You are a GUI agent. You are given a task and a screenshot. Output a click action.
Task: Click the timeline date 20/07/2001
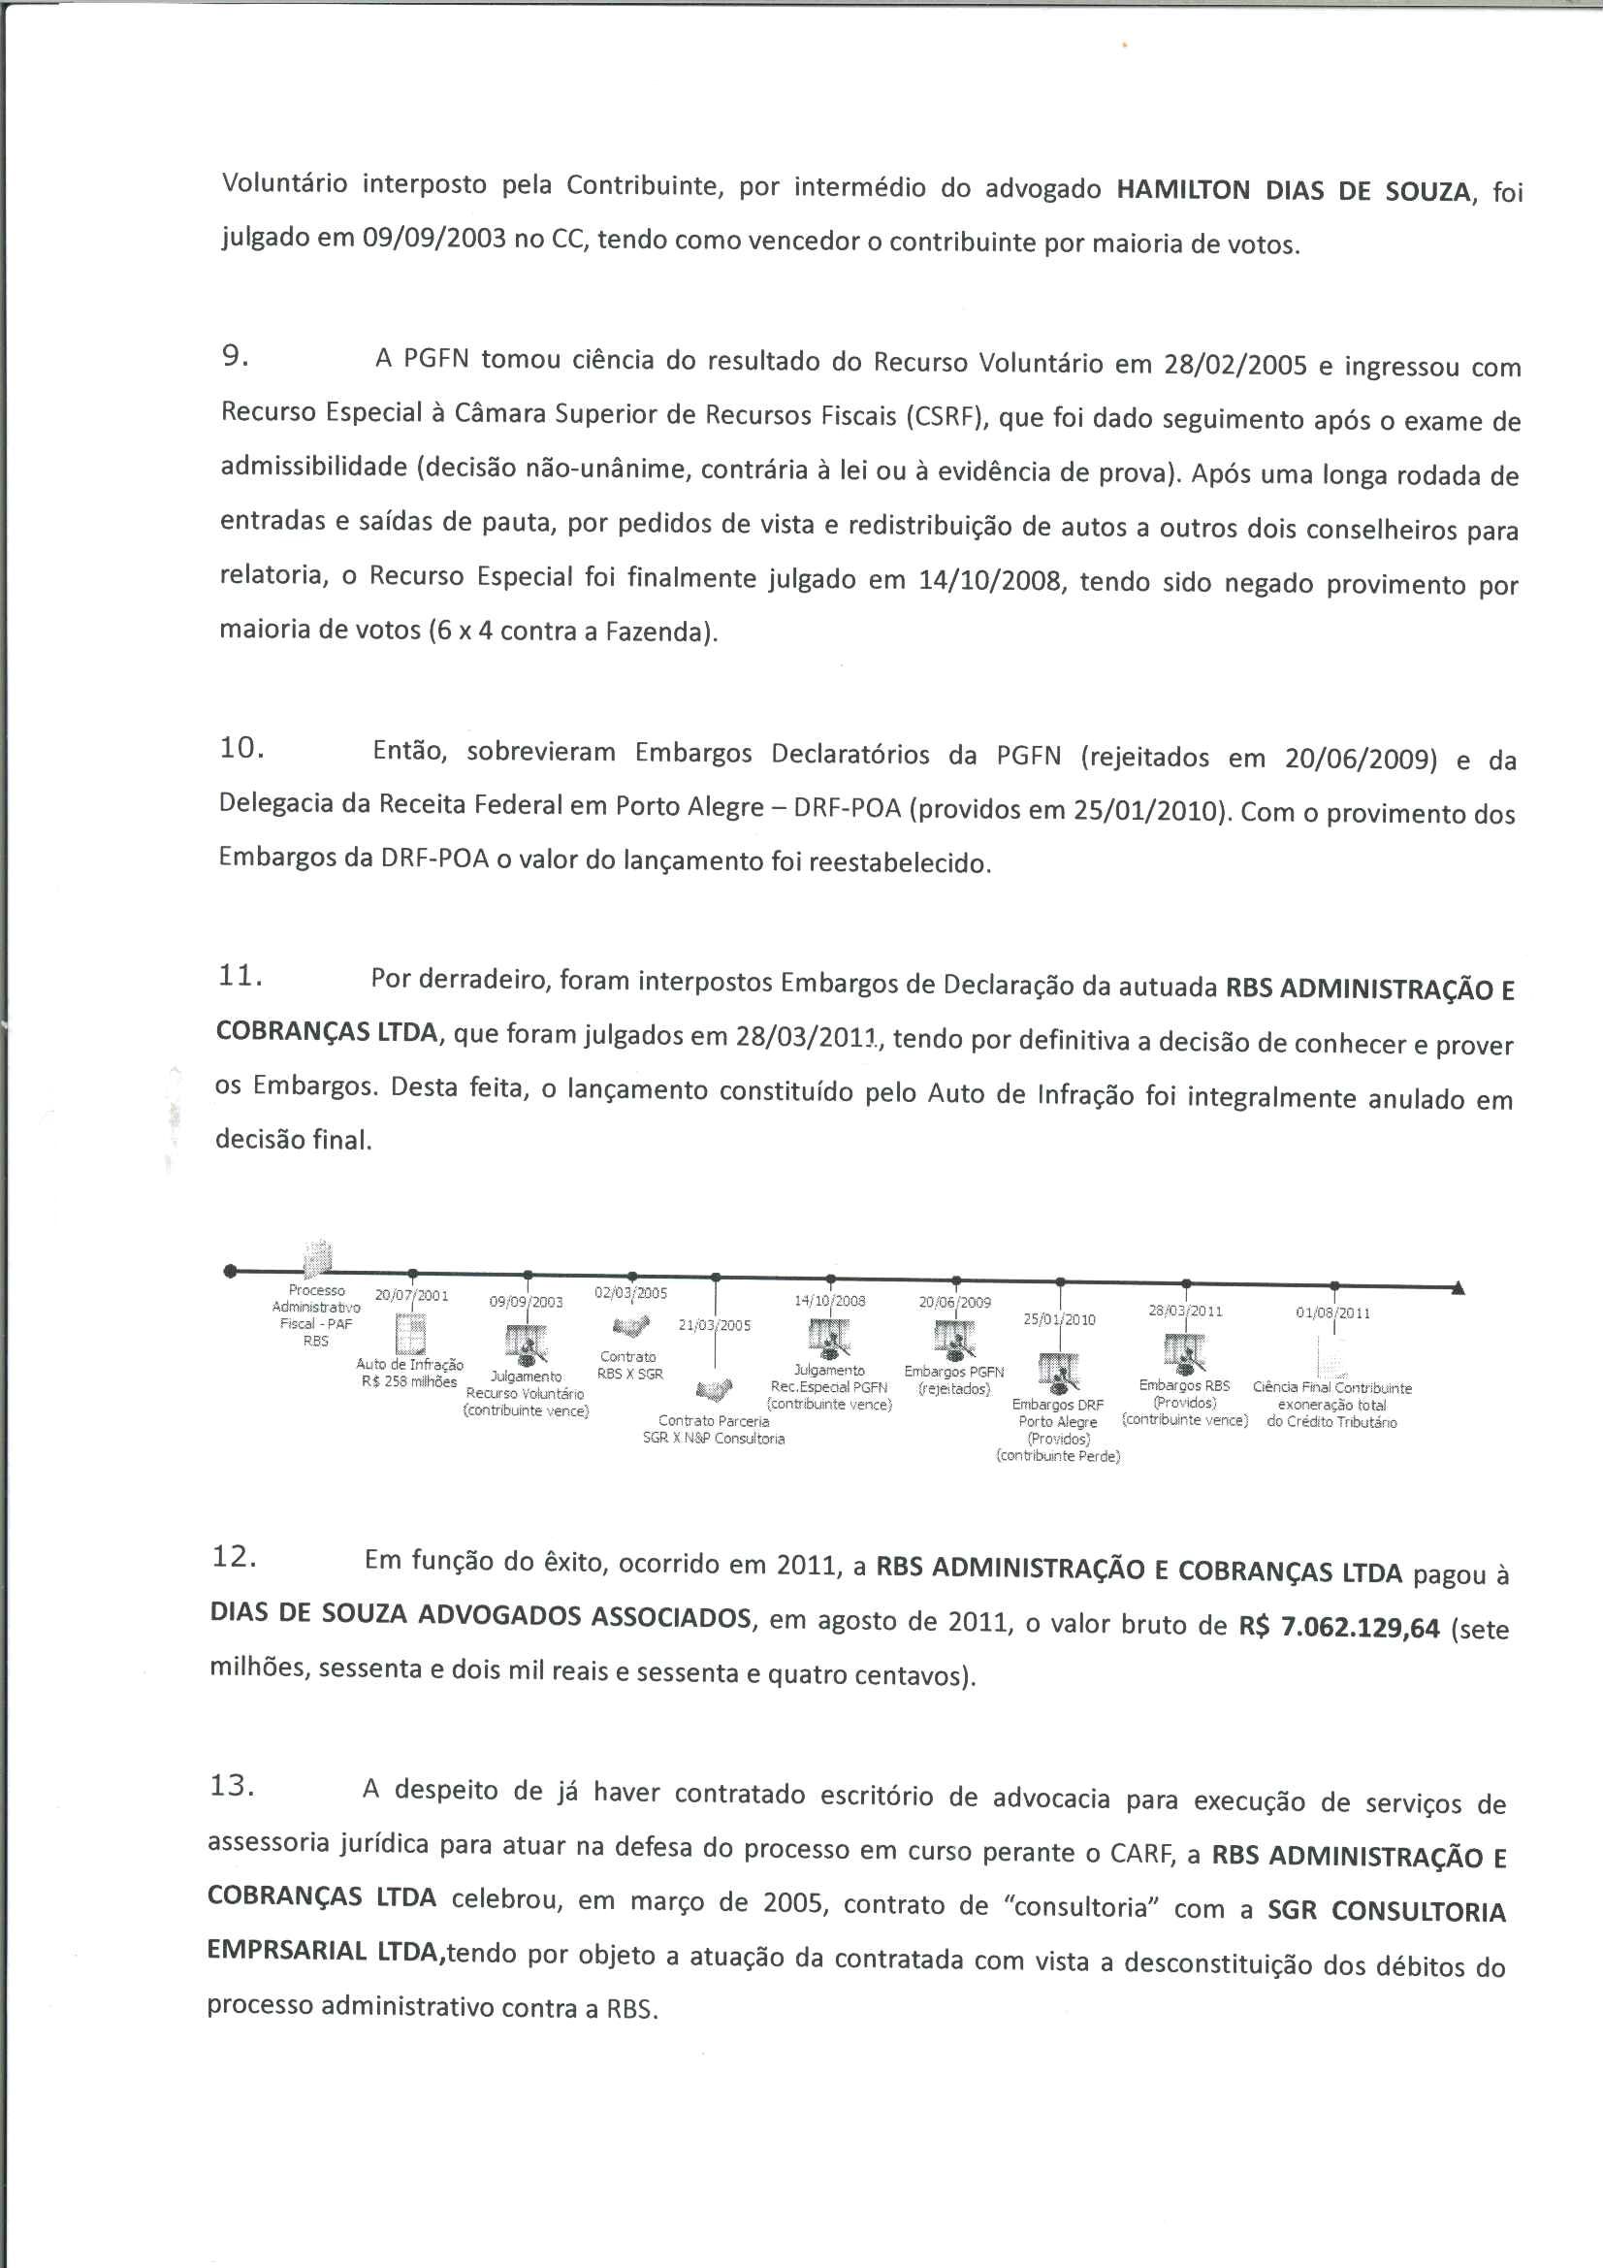(x=412, y=1295)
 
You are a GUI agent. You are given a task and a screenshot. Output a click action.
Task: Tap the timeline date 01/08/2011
(x=1332, y=1312)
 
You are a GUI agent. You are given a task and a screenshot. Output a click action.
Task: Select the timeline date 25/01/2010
(x=1059, y=1318)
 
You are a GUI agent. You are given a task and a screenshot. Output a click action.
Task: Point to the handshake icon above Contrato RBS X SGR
(x=631, y=1326)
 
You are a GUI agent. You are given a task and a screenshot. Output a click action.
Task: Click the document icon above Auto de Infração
(x=410, y=1336)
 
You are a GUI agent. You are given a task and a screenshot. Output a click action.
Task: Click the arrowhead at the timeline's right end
(x=1458, y=1288)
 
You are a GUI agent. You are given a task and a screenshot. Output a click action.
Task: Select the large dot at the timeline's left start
(x=230, y=1271)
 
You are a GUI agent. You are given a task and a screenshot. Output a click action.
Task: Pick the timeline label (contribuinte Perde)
(x=1059, y=1456)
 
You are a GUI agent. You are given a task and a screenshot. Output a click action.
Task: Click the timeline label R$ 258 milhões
(x=409, y=1381)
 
